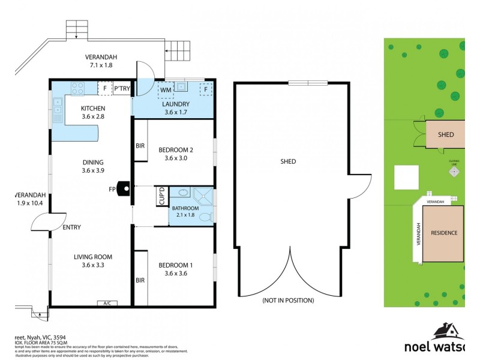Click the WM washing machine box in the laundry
click(x=166, y=91)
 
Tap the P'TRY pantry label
click(x=122, y=89)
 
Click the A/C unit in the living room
click(x=107, y=303)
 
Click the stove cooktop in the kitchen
click(x=78, y=89)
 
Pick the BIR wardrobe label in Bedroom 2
click(x=140, y=146)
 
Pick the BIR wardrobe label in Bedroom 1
click(x=140, y=280)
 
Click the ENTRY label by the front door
click(x=71, y=227)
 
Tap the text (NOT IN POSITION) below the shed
click(x=288, y=300)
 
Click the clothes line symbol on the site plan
click(x=454, y=172)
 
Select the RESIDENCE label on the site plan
click(x=444, y=233)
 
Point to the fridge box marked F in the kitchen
click(x=105, y=89)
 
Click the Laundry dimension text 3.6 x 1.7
click(x=176, y=112)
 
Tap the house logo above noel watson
click(x=447, y=331)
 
